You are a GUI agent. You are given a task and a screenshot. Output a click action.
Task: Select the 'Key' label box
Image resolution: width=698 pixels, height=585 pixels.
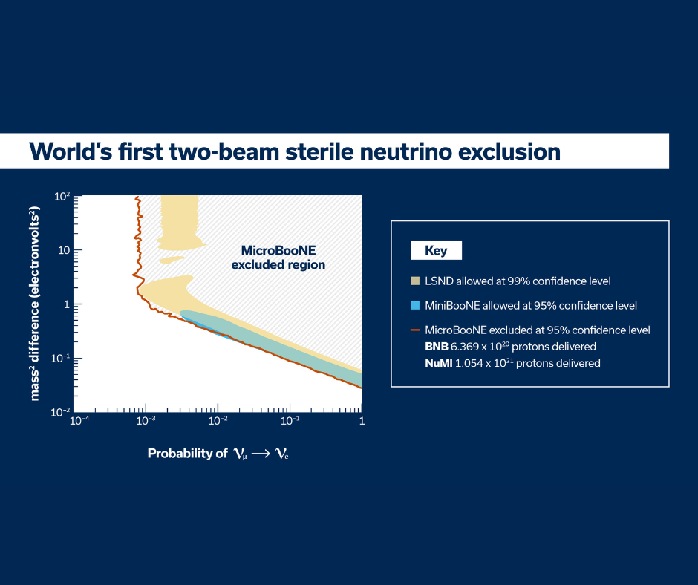(437, 250)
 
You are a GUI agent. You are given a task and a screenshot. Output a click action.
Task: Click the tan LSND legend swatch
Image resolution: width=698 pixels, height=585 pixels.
(415, 281)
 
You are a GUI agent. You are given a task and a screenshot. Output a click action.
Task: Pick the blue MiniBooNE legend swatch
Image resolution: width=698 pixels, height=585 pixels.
(415, 305)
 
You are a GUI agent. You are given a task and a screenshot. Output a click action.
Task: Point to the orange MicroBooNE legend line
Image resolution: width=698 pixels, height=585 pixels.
(415, 330)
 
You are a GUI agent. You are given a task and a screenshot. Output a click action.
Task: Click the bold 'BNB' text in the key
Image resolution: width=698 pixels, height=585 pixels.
(437, 347)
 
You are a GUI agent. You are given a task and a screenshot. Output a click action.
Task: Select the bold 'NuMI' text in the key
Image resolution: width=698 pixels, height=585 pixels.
(438, 363)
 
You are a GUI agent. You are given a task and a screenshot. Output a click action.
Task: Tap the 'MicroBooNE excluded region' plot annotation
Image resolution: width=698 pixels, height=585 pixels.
(278, 258)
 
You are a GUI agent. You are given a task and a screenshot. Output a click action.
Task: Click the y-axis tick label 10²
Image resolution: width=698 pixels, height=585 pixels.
(62, 196)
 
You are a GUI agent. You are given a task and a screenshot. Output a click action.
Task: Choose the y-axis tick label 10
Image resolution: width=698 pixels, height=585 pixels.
(64, 250)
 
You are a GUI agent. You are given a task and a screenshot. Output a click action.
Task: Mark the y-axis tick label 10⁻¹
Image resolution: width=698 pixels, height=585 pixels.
(61, 358)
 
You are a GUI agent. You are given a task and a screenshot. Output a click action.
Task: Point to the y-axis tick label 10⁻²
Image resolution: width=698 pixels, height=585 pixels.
(61, 412)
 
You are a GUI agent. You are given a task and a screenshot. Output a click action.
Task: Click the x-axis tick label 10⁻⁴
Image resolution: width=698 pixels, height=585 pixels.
(79, 421)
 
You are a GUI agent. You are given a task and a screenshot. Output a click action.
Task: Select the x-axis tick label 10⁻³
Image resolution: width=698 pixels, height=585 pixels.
(146, 421)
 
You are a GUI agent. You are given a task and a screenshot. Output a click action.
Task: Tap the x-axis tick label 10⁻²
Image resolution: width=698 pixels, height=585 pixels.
(218, 421)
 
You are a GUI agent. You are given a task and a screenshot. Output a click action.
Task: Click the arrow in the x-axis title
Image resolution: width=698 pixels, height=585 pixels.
(261, 454)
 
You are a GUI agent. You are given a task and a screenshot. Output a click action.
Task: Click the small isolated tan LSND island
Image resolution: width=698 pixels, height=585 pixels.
(172, 260)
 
